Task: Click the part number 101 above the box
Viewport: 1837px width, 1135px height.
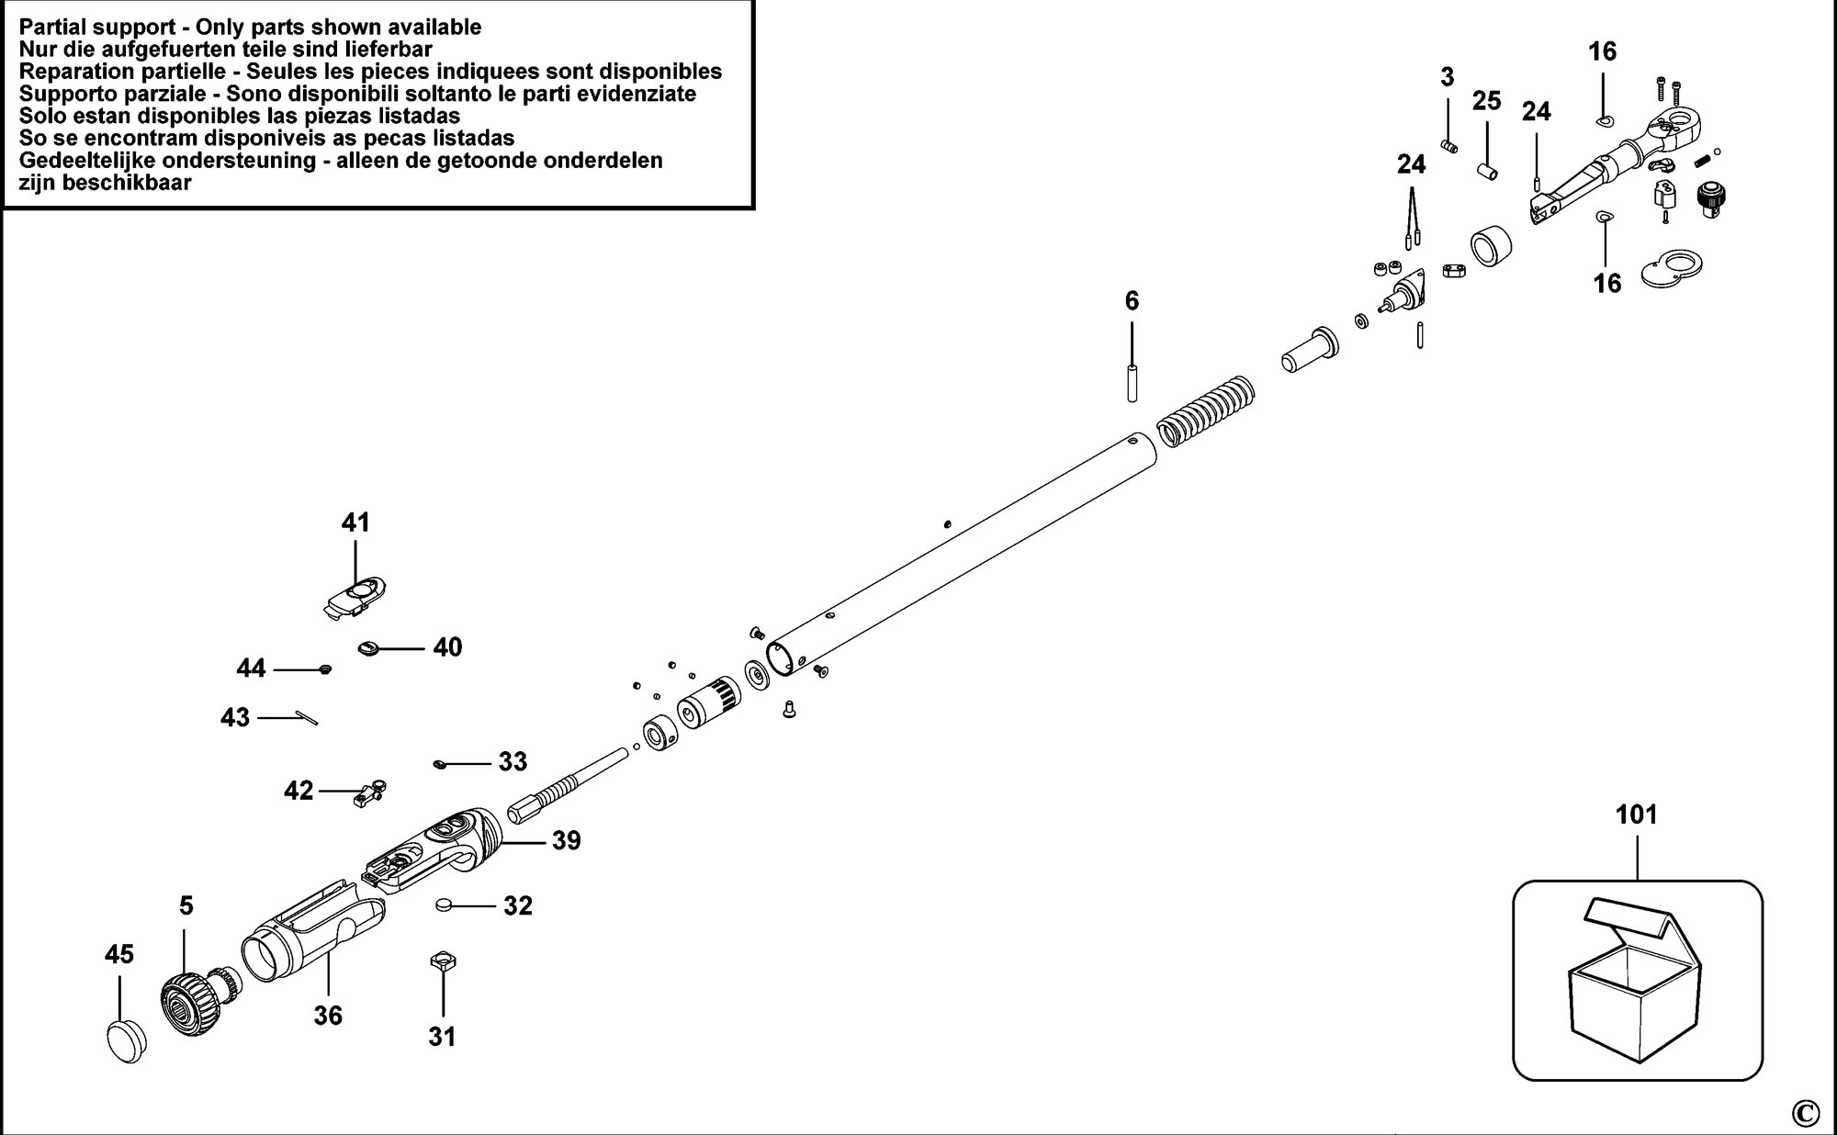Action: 1637,815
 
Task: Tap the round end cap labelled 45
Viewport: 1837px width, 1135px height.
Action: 126,1039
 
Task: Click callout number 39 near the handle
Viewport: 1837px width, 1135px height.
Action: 567,840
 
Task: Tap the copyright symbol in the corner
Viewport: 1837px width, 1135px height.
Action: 1805,1113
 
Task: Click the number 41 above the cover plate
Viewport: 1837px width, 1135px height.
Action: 355,523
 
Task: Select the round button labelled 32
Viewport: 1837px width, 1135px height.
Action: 445,905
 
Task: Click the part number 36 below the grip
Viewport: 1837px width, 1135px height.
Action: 328,1015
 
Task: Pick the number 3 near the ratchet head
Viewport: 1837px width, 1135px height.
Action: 1448,77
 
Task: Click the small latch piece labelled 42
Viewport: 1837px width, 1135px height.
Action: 369,792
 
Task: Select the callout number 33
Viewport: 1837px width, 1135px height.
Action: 513,761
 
